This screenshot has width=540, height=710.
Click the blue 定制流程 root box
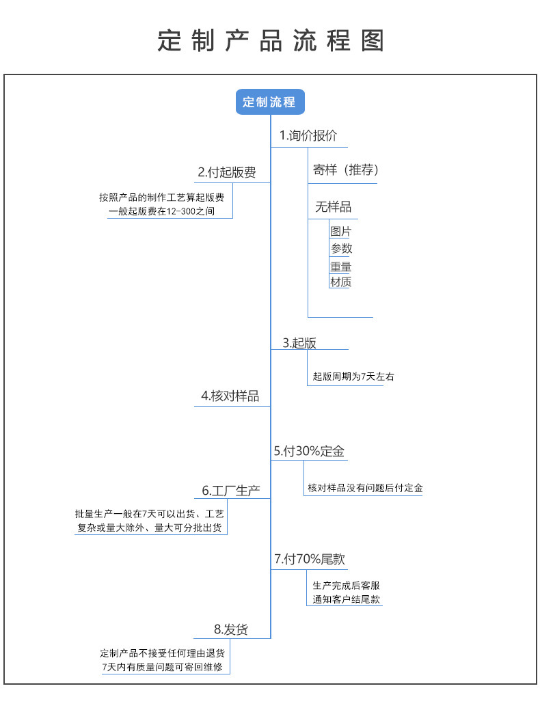coord(269,102)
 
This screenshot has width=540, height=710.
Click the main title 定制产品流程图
coord(271,40)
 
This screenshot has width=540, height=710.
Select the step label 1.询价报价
coord(308,135)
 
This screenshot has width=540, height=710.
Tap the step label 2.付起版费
coord(227,172)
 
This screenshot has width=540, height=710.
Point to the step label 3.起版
coord(299,343)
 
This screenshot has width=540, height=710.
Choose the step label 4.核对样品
coord(230,396)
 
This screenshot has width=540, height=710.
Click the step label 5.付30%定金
coord(309,451)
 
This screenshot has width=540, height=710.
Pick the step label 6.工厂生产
coord(231,491)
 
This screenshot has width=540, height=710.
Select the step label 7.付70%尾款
coord(309,559)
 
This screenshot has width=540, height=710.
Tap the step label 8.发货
coord(231,629)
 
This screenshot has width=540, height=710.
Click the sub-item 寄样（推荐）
coord(346,171)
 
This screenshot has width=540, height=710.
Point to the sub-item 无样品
coord(333,207)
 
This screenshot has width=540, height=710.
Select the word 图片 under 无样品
coord(340,232)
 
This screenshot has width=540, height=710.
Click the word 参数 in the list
coord(341,249)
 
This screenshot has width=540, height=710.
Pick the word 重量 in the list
coord(340,267)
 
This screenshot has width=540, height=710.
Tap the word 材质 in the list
coord(340,282)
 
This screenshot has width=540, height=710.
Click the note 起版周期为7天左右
coord(353,376)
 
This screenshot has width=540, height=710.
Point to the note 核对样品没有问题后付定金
coord(365,488)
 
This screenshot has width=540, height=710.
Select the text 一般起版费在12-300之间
coord(161,212)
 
